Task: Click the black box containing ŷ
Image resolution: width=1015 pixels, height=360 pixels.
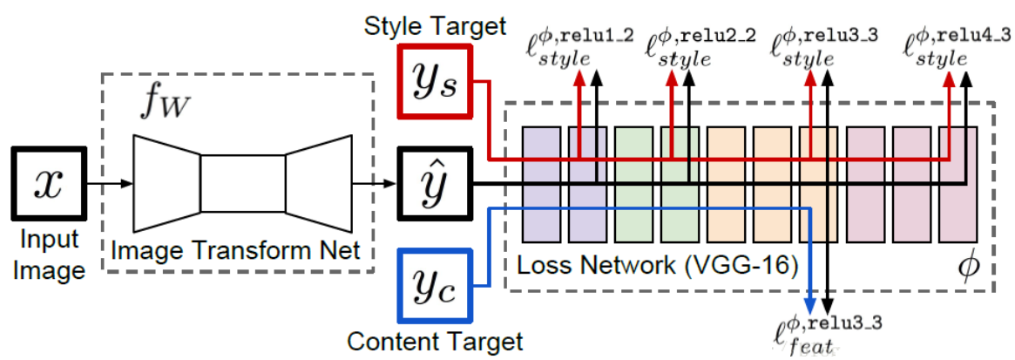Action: pos(434,183)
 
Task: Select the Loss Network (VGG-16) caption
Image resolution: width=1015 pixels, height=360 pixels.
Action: pos(658,265)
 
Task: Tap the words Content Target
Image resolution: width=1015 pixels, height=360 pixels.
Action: pos(434,340)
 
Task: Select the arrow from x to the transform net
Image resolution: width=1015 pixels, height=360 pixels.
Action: pos(109,183)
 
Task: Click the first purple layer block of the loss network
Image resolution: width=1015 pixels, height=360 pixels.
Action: pos(539,183)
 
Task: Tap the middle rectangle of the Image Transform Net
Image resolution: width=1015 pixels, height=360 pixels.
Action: pos(243,183)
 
